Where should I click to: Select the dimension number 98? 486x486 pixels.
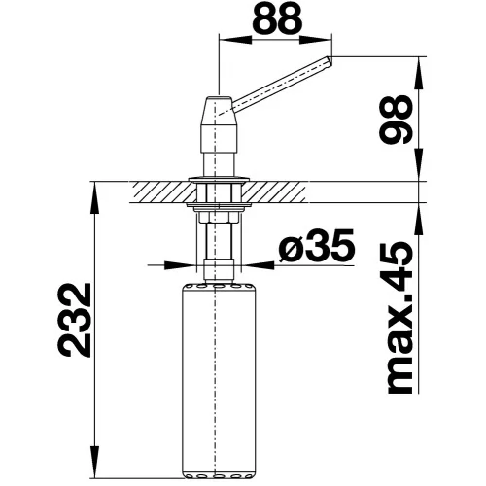397,120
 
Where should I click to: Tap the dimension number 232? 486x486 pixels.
74,320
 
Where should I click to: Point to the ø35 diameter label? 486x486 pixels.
317,245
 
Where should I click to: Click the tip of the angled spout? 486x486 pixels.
330,61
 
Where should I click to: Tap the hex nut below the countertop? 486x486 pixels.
219,217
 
